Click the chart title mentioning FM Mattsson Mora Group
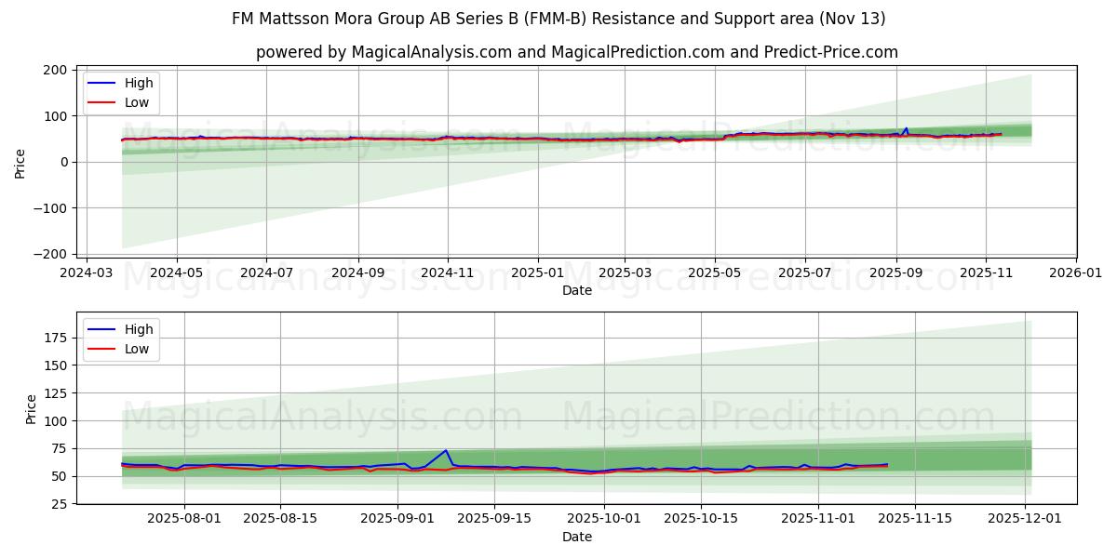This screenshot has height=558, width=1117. (x=558, y=19)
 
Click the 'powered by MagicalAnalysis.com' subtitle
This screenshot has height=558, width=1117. (x=577, y=52)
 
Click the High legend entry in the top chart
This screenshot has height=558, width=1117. (x=139, y=83)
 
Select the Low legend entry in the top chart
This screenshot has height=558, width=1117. (x=137, y=102)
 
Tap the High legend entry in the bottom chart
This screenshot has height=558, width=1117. (x=139, y=329)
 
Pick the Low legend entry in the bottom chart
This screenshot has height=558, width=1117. (x=137, y=349)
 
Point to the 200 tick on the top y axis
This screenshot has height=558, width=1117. (x=55, y=70)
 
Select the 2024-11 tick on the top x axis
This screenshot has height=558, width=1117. (x=448, y=273)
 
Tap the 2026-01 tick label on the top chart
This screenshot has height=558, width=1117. (x=1075, y=273)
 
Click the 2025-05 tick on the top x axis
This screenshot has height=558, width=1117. (x=715, y=273)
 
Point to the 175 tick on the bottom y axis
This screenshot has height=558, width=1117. (x=55, y=337)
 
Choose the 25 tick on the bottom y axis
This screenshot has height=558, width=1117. (x=59, y=504)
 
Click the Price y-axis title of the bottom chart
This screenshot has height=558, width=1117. (x=31, y=409)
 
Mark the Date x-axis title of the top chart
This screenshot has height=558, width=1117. (x=577, y=290)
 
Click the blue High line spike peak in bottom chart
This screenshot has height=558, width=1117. (x=446, y=450)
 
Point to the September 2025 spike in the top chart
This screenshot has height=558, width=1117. (x=906, y=128)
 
